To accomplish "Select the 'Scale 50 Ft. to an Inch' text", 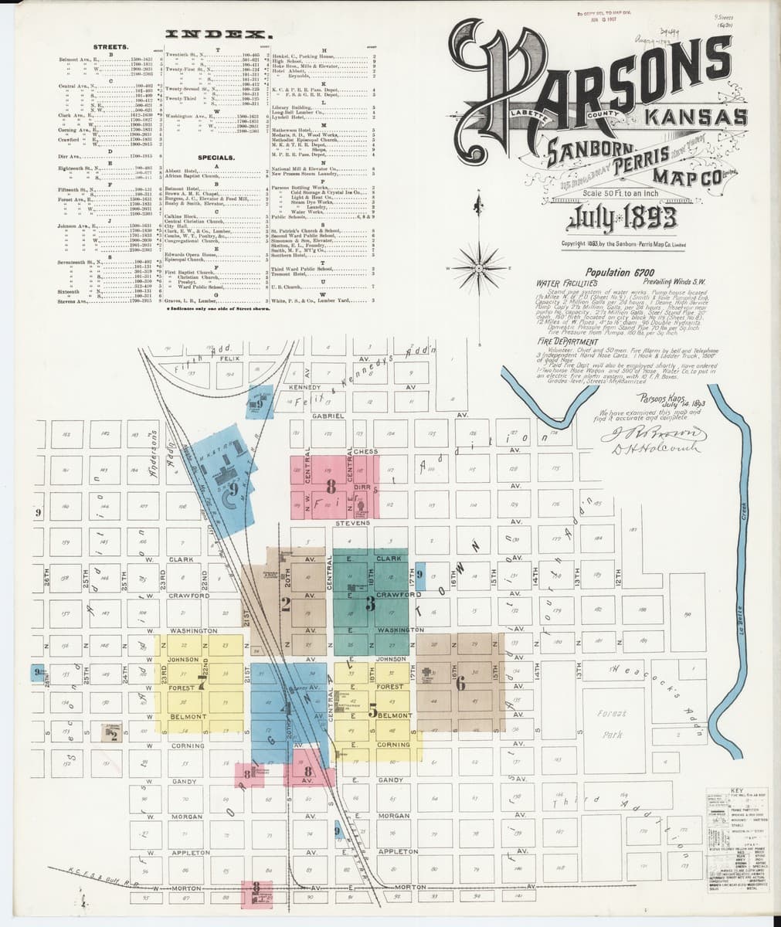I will (x=614, y=192).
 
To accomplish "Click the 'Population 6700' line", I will (x=620, y=273).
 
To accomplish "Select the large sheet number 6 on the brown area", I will (x=461, y=682).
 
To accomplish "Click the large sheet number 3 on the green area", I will (x=370, y=604).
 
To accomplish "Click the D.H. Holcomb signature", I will (x=647, y=451).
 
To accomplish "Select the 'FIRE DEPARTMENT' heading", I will (x=569, y=341).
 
